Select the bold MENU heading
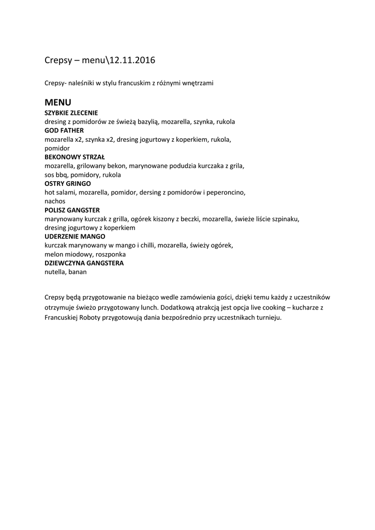tap(58, 102)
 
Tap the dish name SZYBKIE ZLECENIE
tap(71, 113)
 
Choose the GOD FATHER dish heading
tap(64, 130)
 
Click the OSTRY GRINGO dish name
tap(68, 184)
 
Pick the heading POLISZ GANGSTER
tap(72, 210)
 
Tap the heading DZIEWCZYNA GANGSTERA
tap(84, 263)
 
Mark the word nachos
tap(55, 201)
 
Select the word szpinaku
tap(285, 219)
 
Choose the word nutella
tap(55, 272)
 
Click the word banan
tap(78, 272)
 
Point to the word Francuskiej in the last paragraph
tap(63, 317)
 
